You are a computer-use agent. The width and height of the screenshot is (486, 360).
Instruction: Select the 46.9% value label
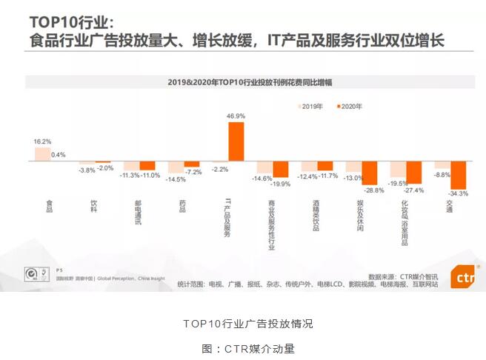[236, 116]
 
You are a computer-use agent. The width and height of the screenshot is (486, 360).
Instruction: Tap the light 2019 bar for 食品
[42, 153]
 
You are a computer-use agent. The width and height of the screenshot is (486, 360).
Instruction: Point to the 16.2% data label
[42, 141]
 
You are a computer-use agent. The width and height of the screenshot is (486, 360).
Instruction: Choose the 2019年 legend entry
[310, 107]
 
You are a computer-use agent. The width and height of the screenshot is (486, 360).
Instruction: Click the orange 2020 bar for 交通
[459, 175]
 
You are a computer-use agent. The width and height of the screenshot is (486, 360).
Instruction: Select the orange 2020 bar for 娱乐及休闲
[369, 173]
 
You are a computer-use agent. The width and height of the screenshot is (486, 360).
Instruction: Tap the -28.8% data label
[373, 190]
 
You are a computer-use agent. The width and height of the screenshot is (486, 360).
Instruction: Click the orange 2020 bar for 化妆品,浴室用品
[413, 172]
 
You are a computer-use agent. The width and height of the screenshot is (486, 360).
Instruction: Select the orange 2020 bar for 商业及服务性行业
[280, 169]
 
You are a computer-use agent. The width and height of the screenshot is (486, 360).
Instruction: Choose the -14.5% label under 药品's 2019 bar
[176, 179]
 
